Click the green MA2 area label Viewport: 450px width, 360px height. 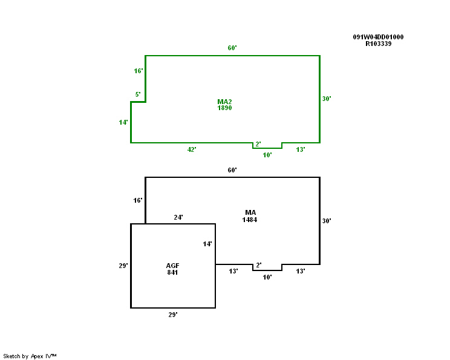[x=224, y=101]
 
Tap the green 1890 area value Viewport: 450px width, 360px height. [x=224, y=108]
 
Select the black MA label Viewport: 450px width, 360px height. [x=250, y=212]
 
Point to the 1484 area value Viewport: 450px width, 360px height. [x=250, y=220]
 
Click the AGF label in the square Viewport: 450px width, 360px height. [x=173, y=266]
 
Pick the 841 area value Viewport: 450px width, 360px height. [x=173, y=272]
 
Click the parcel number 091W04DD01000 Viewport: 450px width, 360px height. [x=378, y=37]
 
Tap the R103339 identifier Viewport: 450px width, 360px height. [x=378, y=44]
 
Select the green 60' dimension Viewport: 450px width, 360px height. [x=232, y=48]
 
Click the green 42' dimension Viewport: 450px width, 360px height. [x=192, y=149]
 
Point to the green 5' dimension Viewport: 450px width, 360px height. [x=138, y=94]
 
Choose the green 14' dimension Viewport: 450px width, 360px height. [x=123, y=122]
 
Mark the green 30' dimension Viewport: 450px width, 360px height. [x=327, y=99]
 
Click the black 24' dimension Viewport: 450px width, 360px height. [x=178, y=217]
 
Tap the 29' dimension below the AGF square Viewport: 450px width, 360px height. [x=173, y=315]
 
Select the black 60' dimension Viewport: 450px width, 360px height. [x=232, y=170]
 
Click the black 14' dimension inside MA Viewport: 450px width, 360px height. [x=207, y=244]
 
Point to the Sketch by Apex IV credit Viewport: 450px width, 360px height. [x=30, y=356]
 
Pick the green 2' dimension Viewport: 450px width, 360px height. [x=258, y=144]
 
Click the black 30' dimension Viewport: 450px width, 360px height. [x=327, y=221]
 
